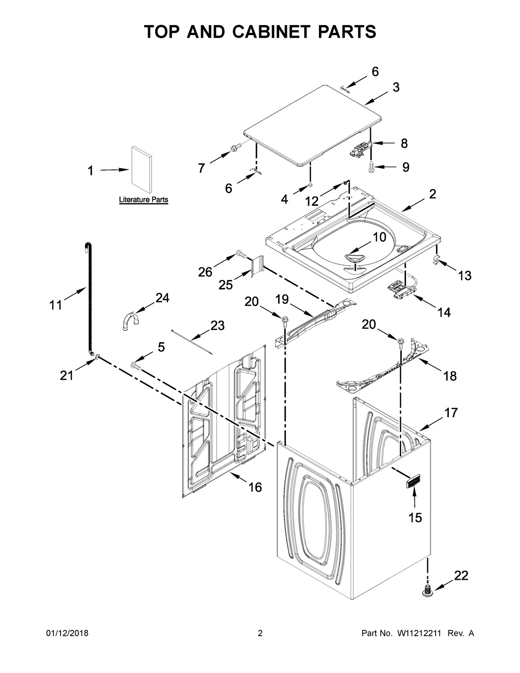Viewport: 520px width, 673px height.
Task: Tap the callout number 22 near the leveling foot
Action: click(461, 575)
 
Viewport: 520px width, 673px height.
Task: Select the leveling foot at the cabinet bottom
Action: click(428, 590)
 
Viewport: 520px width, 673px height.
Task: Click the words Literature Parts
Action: click(143, 200)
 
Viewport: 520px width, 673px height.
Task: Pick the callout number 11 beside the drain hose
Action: click(55, 305)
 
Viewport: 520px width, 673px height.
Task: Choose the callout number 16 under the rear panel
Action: click(255, 488)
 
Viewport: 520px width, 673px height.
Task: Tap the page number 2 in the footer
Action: click(260, 634)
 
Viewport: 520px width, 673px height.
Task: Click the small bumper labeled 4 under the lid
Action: click(311, 185)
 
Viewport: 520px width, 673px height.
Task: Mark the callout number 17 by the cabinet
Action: click(450, 413)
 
